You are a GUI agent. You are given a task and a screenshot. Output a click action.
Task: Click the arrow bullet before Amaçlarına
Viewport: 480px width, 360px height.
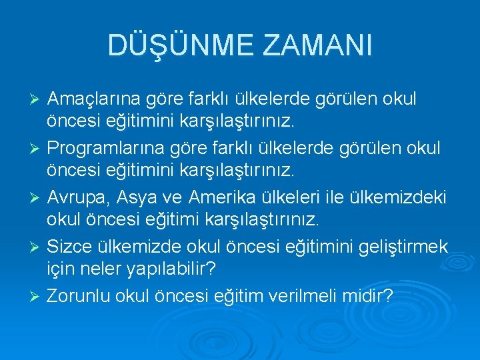[37, 100]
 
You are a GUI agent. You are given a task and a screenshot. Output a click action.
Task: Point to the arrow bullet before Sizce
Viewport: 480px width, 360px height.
[37, 246]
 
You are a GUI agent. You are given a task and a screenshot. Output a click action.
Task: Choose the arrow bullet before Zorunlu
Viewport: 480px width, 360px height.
[37, 295]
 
